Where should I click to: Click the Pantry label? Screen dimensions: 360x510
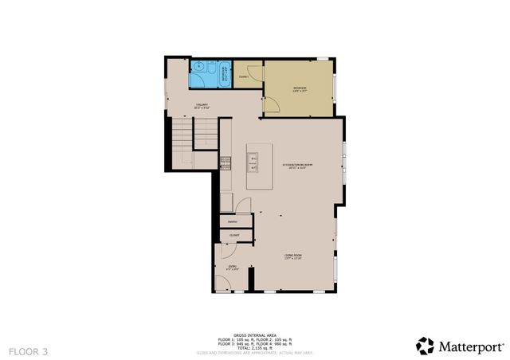pos(232,221)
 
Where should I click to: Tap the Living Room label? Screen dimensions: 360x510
pos(294,256)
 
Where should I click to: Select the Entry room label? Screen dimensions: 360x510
pos(232,268)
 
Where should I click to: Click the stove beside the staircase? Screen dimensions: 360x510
pos(226,163)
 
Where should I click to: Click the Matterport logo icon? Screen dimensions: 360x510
pos(425,346)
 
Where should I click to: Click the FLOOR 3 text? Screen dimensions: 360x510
pos(29,350)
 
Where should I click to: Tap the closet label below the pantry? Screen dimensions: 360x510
pos(235,235)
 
